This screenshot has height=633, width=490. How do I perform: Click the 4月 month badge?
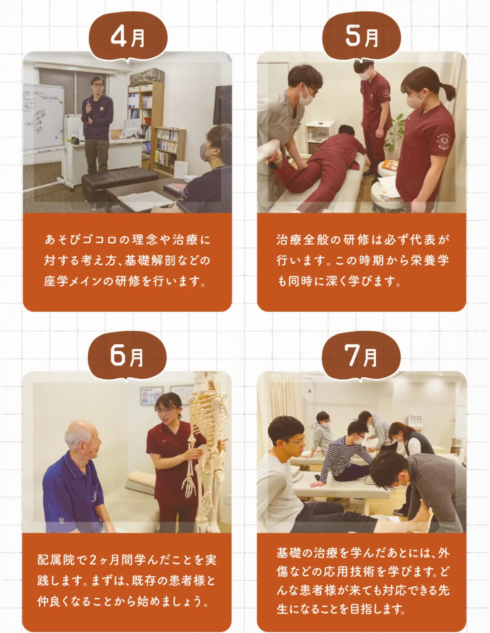(x=128, y=37)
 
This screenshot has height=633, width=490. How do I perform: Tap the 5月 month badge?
(x=362, y=37)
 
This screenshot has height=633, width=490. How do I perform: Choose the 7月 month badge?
(x=361, y=356)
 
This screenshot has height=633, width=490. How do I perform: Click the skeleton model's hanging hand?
(x=189, y=483)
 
